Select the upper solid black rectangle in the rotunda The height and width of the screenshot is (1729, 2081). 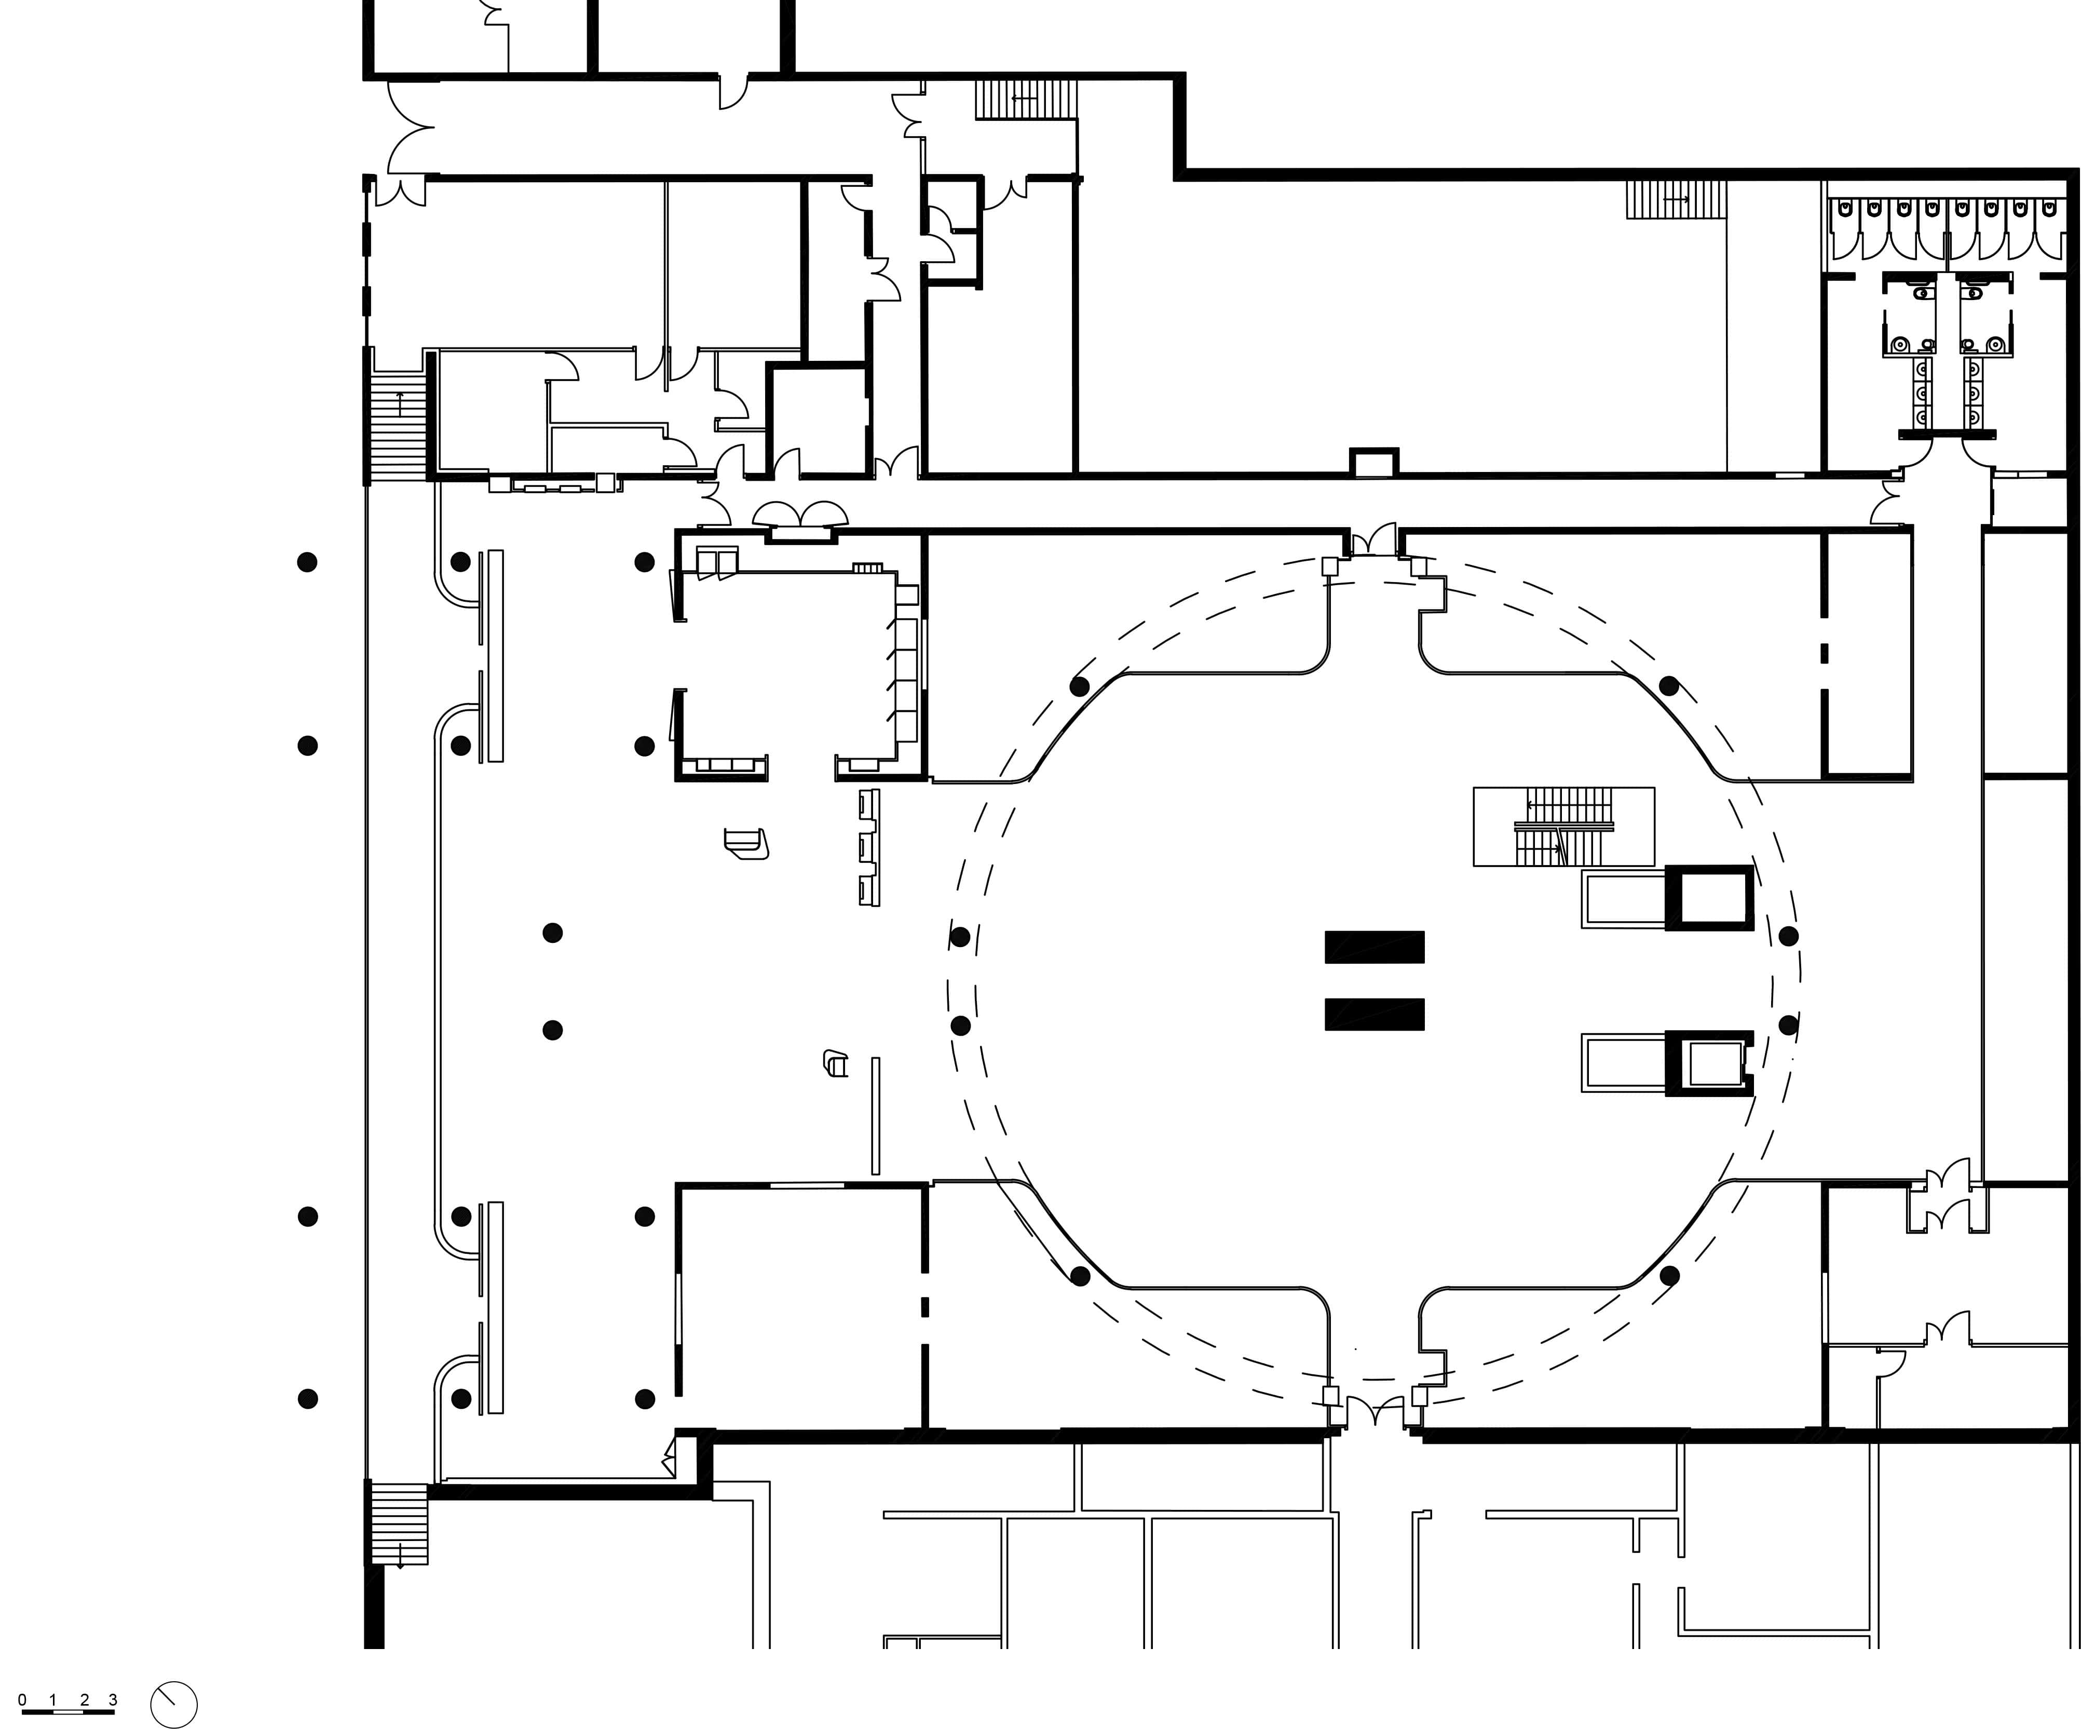[1375, 947]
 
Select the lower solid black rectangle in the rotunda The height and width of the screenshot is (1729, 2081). [1375, 1014]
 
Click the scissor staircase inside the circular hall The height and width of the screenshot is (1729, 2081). [1563, 826]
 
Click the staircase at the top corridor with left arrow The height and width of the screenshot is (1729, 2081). [1026, 99]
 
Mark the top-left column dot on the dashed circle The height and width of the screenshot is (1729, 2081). [1079, 686]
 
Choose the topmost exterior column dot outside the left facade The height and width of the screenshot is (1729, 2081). [307, 562]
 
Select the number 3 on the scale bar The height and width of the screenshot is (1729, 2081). [113, 1700]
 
